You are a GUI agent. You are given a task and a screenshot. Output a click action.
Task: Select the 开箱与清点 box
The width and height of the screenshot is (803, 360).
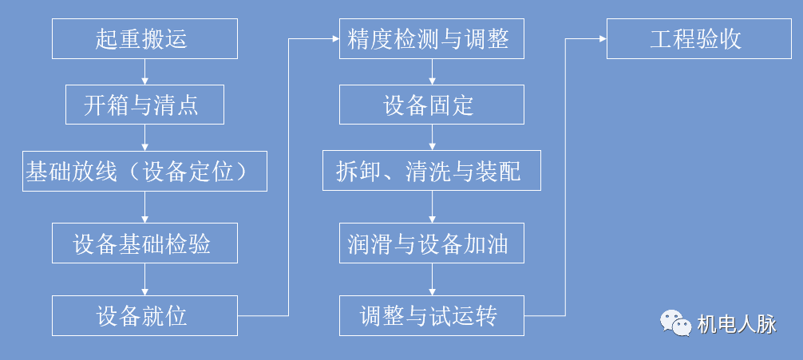(144, 105)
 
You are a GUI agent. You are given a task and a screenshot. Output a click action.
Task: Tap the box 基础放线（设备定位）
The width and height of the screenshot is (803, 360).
(144, 171)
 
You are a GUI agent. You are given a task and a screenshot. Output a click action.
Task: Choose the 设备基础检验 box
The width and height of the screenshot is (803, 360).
(144, 243)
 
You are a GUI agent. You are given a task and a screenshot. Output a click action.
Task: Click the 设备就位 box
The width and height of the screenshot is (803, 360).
(144, 315)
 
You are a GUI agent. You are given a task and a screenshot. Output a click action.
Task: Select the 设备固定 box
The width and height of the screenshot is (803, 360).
(432, 105)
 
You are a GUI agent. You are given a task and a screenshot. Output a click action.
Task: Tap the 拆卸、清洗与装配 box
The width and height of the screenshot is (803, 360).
(432, 171)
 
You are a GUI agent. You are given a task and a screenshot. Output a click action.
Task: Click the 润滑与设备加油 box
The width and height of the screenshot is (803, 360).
(432, 243)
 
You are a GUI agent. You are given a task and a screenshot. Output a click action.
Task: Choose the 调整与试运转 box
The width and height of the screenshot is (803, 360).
(432, 315)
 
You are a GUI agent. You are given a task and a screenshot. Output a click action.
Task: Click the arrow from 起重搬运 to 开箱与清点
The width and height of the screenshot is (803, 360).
(144, 72)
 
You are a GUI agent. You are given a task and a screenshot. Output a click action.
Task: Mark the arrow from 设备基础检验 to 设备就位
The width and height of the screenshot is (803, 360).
(144, 279)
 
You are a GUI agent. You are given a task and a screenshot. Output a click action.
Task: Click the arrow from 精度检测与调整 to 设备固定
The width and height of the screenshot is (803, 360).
(432, 72)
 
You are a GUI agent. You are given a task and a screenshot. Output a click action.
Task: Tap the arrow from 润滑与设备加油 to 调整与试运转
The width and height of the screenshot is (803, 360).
(432, 279)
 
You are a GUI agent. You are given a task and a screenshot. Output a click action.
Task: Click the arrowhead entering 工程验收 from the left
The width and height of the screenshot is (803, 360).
(603, 38)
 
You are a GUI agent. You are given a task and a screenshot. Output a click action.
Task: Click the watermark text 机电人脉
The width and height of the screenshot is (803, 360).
(736, 324)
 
